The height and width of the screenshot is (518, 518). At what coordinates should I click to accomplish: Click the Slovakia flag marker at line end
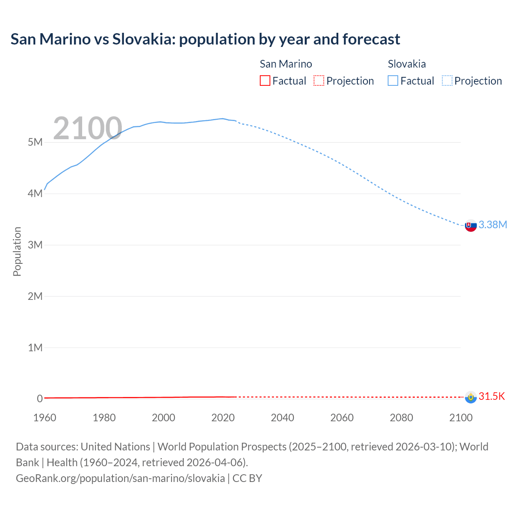click(x=471, y=226)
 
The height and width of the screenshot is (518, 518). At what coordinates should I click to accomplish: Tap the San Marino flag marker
click(x=471, y=397)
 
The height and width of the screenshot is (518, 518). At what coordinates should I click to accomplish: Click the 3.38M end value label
click(x=493, y=225)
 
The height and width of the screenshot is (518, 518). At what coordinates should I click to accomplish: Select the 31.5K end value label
click(x=492, y=397)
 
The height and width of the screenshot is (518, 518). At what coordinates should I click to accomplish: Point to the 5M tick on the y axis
click(x=35, y=142)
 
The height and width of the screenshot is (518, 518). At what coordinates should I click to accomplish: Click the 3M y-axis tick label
click(x=35, y=245)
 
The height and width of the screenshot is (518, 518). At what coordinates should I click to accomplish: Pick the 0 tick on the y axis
click(x=40, y=399)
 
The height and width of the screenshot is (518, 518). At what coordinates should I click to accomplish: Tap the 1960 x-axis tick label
click(x=45, y=418)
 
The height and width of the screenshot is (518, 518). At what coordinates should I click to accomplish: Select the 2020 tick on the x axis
click(x=223, y=418)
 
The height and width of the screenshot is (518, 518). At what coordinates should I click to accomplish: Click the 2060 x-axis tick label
click(x=342, y=418)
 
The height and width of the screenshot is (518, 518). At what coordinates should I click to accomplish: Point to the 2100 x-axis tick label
click(x=461, y=418)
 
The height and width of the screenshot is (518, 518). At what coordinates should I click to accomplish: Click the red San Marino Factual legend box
click(x=265, y=81)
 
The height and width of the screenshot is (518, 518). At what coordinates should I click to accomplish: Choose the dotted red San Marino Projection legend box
click(x=319, y=81)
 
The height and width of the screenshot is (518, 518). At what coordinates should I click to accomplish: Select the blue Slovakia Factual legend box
click(x=393, y=81)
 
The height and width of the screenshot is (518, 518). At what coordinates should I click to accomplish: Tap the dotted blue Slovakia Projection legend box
click(x=447, y=81)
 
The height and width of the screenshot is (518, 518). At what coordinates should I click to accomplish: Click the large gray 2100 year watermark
click(x=87, y=128)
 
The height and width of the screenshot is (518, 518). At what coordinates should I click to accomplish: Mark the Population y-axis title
click(x=17, y=251)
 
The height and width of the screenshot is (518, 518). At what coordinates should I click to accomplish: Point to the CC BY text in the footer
click(x=247, y=478)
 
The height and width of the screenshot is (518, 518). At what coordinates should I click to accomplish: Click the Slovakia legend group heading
click(x=407, y=64)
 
